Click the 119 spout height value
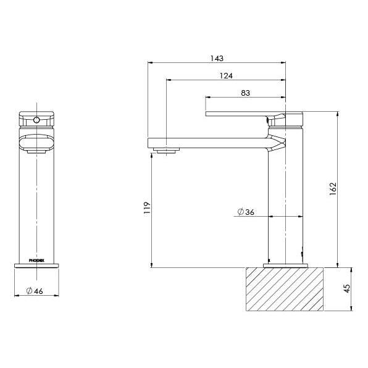[146, 207]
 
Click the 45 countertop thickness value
[347, 288]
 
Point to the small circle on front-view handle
[36, 119]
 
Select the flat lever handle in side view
[238, 113]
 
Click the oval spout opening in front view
[36, 143]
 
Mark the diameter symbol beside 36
[240, 212]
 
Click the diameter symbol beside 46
[28, 291]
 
